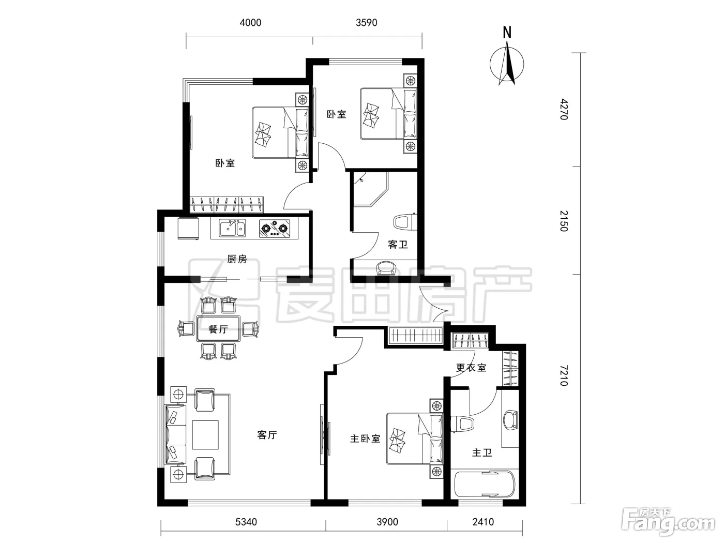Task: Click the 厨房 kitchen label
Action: (237, 259)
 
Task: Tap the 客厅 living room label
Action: (267, 435)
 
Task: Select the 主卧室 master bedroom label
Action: (365, 439)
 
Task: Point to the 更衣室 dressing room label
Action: (471, 368)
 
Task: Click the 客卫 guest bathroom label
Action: (398, 244)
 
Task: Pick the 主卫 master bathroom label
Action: (482, 452)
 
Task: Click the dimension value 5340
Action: (246, 522)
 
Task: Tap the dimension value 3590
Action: (367, 22)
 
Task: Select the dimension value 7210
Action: (564, 375)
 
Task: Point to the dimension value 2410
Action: (483, 522)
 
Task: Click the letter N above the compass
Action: (507, 33)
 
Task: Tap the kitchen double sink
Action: (232, 229)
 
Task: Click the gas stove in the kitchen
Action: (275, 229)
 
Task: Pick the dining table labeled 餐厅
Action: (218, 328)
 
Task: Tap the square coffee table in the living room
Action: (205, 434)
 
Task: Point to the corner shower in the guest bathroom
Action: (370, 189)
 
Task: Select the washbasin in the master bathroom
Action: (510, 419)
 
